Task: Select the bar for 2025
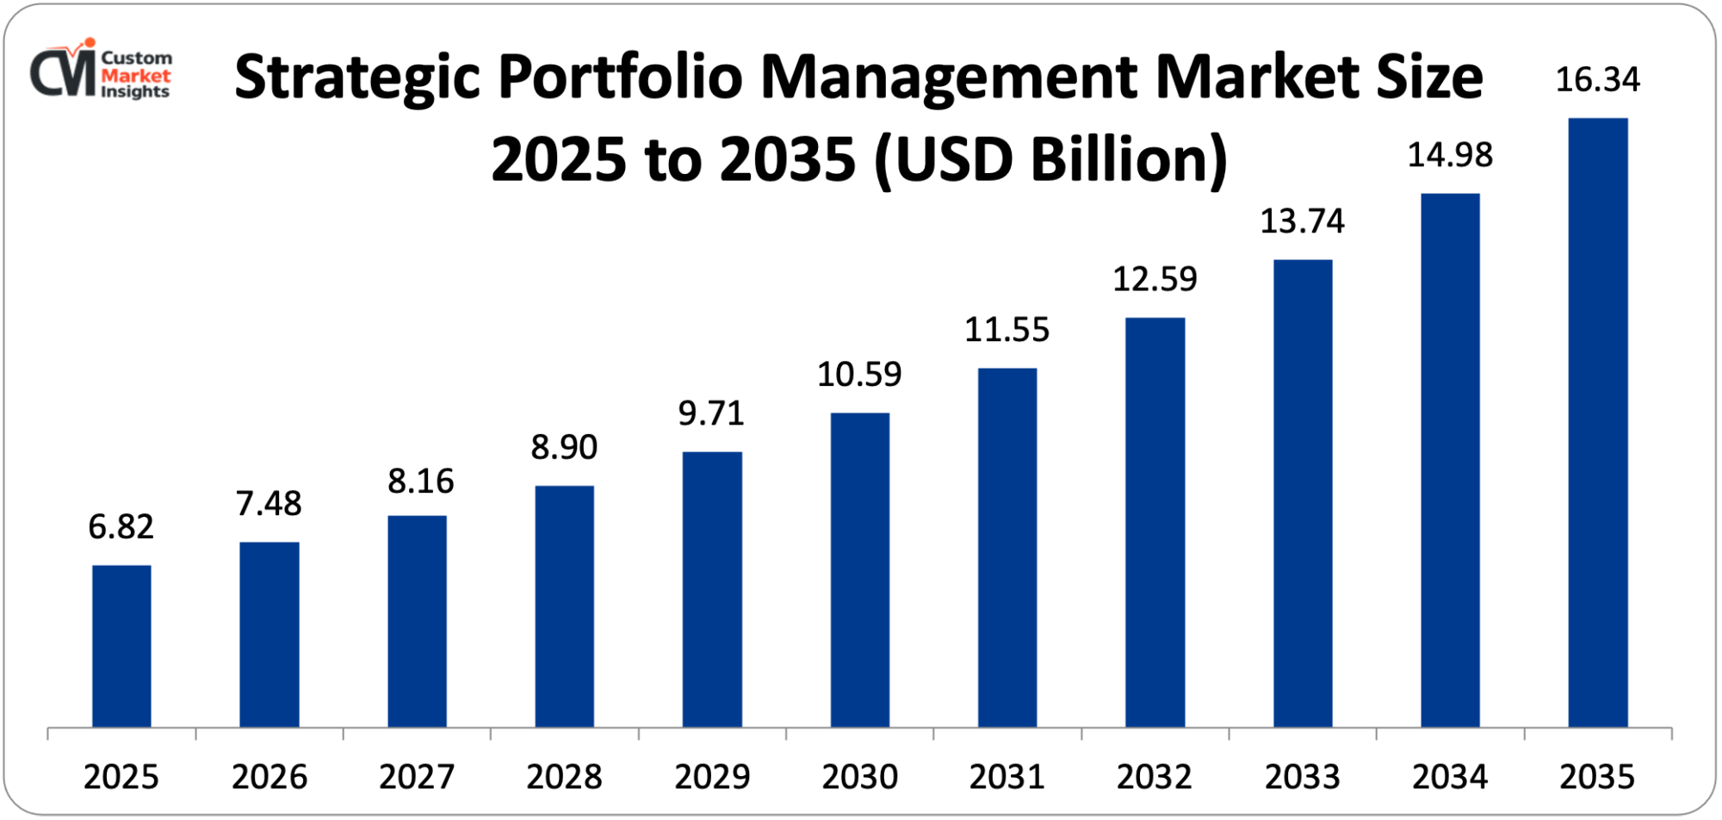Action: [x=121, y=646]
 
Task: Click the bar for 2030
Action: [x=859, y=570]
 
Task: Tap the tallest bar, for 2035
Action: [x=1597, y=422]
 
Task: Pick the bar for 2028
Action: [x=564, y=606]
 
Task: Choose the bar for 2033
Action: [x=1302, y=493]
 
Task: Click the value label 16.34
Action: [x=1597, y=80]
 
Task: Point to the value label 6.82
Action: [x=121, y=526]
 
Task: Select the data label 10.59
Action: [x=858, y=375]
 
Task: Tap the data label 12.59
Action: [x=1155, y=279]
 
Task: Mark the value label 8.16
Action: [x=420, y=481]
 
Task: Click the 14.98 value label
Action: [x=1449, y=155]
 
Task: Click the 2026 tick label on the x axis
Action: [x=269, y=777]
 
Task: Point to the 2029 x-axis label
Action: [x=711, y=777]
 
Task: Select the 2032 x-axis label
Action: [x=1154, y=777]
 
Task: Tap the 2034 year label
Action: [x=1449, y=777]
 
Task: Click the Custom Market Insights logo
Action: [x=102, y=71]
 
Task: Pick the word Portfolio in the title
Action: [x=620, y=78]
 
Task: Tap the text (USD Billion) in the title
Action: [x=1050, y=160]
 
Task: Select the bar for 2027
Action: [x=417, y=621]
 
